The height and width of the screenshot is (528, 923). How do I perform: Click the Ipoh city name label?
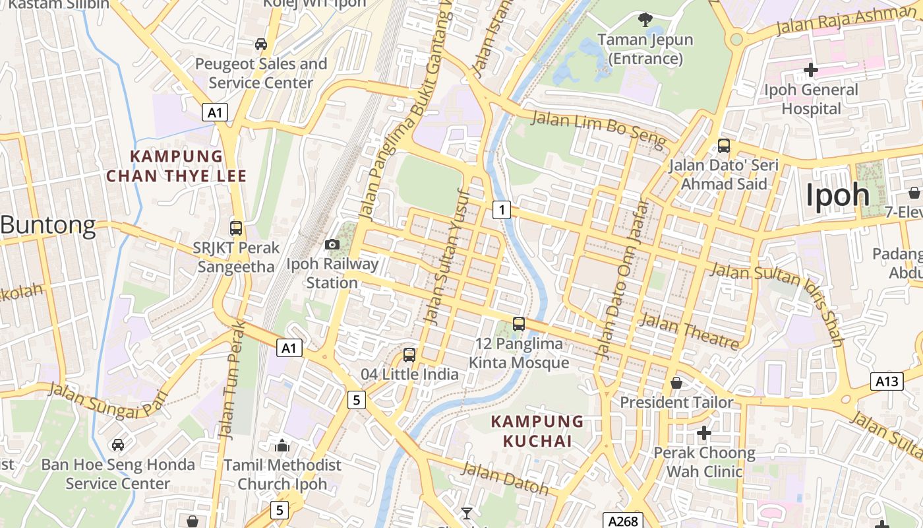(x=837, y=195)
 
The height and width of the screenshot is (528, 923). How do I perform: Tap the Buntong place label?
(x=48, y=226)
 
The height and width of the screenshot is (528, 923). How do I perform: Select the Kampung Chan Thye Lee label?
(x=176, y=166)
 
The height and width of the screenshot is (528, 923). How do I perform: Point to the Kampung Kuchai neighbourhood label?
(x=537, y=431)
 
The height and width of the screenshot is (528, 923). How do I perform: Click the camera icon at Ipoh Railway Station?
(x=332, y=245)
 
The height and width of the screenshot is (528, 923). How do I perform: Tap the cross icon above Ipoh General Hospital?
(x=811, y=69)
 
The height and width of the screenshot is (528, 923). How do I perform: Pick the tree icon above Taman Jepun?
(x=645, y=20)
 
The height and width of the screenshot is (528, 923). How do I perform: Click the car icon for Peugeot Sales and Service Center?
(x=261, y=44)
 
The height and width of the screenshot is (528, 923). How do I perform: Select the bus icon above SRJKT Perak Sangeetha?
(x=236, y=228)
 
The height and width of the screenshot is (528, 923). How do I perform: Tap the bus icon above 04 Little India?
(x=409, y=355)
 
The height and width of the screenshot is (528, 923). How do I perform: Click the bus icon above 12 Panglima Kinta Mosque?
(x=519, y=324)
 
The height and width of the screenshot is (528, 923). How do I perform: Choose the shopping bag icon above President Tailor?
(x=676, y=383)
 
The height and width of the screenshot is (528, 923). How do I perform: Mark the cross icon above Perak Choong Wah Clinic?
(x=704, y=433)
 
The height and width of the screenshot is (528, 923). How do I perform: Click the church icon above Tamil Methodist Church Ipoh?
(x=282, y=445)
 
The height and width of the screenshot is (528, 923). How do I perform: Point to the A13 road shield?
(x=887, y=381)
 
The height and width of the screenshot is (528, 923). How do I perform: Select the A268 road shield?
(x=622, y=521)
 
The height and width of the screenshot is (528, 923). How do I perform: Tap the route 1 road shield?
(x=502, y=210)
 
